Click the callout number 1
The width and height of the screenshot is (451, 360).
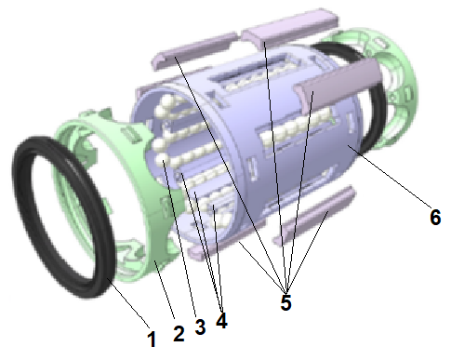click(152, 339)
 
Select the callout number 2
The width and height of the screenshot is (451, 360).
click(179, 334)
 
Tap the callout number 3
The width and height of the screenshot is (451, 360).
click(200, 327)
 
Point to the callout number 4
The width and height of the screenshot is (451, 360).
click(221, 320)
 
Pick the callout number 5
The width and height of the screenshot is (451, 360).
click(285, 302)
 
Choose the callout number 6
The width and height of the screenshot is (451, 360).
click(435, 217)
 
